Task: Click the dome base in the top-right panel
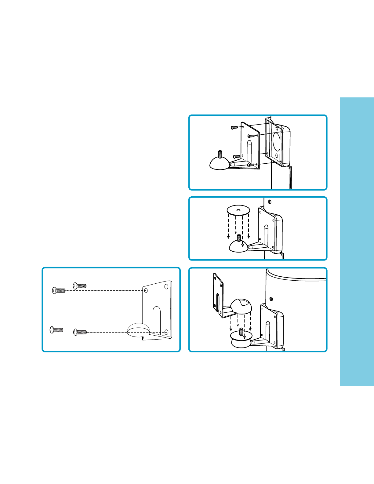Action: point(219,163)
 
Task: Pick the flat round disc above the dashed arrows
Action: point(238,210)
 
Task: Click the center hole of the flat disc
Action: point(238,210)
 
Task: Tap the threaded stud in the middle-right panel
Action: point(239,237)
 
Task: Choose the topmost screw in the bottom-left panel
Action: point(80,286)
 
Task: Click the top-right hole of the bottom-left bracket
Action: point(166,286)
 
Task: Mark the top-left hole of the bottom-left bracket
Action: point(146,290)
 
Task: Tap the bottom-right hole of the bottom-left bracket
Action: point(166,332)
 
